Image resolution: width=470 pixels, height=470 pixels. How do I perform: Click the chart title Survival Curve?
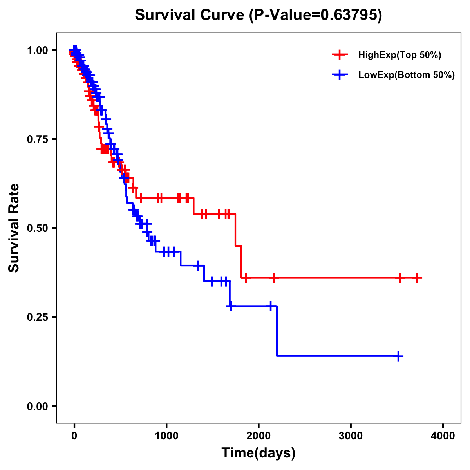tap(258, 15)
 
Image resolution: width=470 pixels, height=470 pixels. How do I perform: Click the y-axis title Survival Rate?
tap(14, 228)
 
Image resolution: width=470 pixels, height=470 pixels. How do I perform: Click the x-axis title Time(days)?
tap(258, 453)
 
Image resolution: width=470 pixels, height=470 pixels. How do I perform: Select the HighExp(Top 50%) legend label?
tap(399, 55)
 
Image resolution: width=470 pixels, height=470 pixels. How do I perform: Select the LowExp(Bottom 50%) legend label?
tap(407, 75)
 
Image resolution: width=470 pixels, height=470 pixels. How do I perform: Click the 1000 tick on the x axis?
tap(166, 436)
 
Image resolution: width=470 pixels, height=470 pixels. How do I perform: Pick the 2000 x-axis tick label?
tap(258, 436)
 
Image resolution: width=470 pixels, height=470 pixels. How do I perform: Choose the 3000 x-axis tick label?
tap(351, 436)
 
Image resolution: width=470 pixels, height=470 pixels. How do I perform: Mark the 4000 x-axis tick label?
tap(443, 436)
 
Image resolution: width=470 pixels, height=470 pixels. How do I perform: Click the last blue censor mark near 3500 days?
tap(398, 356)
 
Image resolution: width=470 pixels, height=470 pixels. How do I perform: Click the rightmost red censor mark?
tap(417, 278)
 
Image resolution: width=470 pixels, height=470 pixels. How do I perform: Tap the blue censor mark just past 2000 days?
tap(270, 306)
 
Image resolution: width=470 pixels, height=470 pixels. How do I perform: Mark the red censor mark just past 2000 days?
tap(274, 278)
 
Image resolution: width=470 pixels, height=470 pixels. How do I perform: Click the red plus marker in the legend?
tap(340, 55)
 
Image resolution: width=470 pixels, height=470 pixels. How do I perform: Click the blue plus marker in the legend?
tap(340, 75)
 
